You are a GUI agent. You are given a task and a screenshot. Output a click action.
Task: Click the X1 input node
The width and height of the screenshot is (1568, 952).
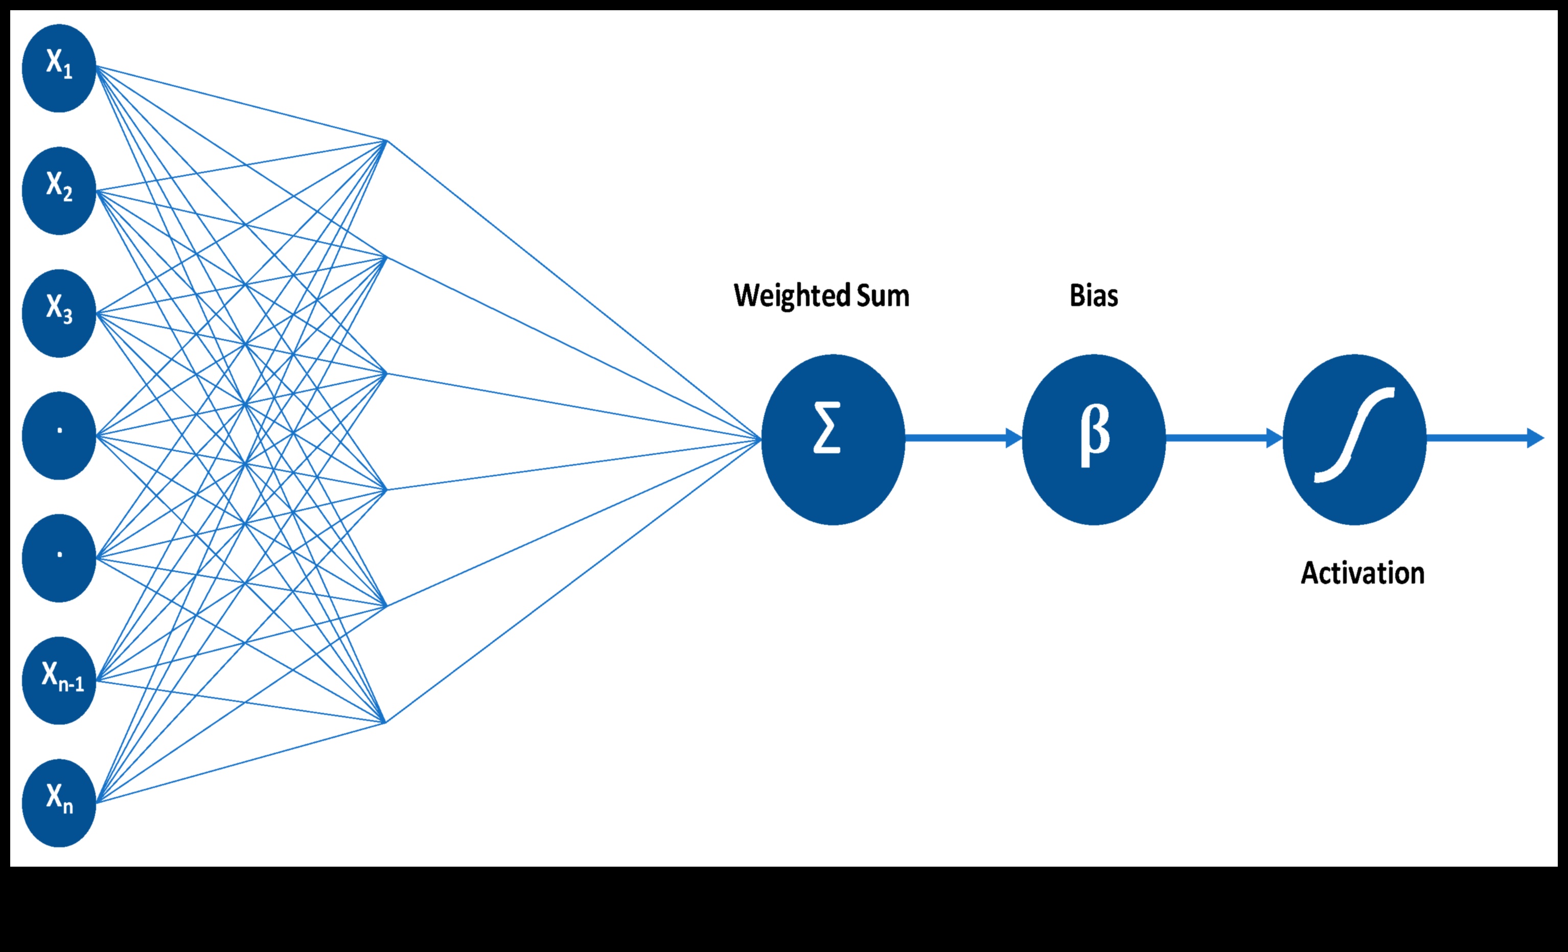[x=59, y=68]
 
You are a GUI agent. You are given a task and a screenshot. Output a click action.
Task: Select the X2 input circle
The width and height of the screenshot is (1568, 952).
[x=59, y=191]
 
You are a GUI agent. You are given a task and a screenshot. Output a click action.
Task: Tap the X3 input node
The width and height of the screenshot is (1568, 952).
[x=59, y=313]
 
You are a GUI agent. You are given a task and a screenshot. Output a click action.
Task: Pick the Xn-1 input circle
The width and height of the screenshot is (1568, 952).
[x=59, y=680]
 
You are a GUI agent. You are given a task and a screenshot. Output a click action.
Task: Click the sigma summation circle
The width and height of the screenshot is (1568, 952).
[x=833, y=439]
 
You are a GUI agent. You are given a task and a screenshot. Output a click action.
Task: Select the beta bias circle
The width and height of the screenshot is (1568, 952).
[x=1093, y=439]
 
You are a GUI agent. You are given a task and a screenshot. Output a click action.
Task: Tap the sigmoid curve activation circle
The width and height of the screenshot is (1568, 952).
[x=1354, y=439]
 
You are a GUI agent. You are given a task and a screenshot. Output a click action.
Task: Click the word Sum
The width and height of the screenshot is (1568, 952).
[x=883, y=296]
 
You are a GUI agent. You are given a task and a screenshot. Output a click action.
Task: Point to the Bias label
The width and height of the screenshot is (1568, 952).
[x=1093, y=296]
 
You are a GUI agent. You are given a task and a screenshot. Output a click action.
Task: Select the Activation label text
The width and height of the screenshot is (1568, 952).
[x=1363, y=573]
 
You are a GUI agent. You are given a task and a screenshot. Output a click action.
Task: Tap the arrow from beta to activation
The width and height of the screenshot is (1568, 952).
[x=1224, y=438]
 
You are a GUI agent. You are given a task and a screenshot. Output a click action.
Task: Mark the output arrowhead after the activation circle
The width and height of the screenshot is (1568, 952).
[x=1535, y=438]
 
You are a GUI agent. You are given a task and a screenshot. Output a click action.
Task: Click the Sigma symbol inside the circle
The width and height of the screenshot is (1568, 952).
[x=826, y=428]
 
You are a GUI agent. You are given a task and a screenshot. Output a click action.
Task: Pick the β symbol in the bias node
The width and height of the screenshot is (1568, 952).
[x=1095, y=435]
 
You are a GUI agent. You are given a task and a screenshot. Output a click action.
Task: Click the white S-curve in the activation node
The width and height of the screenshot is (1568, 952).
[x=1354, y=435]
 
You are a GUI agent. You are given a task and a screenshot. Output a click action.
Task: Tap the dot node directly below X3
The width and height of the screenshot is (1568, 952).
[x=59, y=435]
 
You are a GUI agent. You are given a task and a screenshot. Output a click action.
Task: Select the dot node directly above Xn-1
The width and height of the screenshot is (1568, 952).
[x=59, y=558]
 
